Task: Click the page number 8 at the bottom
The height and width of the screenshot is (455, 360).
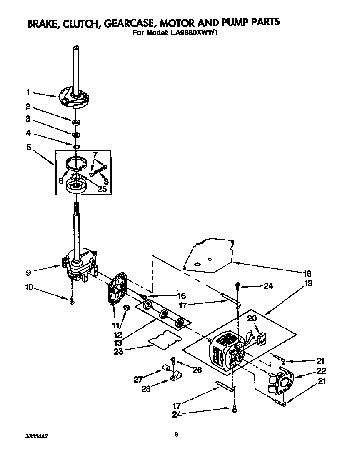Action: [177, 435]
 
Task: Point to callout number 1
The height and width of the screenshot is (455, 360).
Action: [28, 93]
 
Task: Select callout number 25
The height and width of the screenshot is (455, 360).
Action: [101, 189]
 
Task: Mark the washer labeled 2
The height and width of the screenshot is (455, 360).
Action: [76, 122]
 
